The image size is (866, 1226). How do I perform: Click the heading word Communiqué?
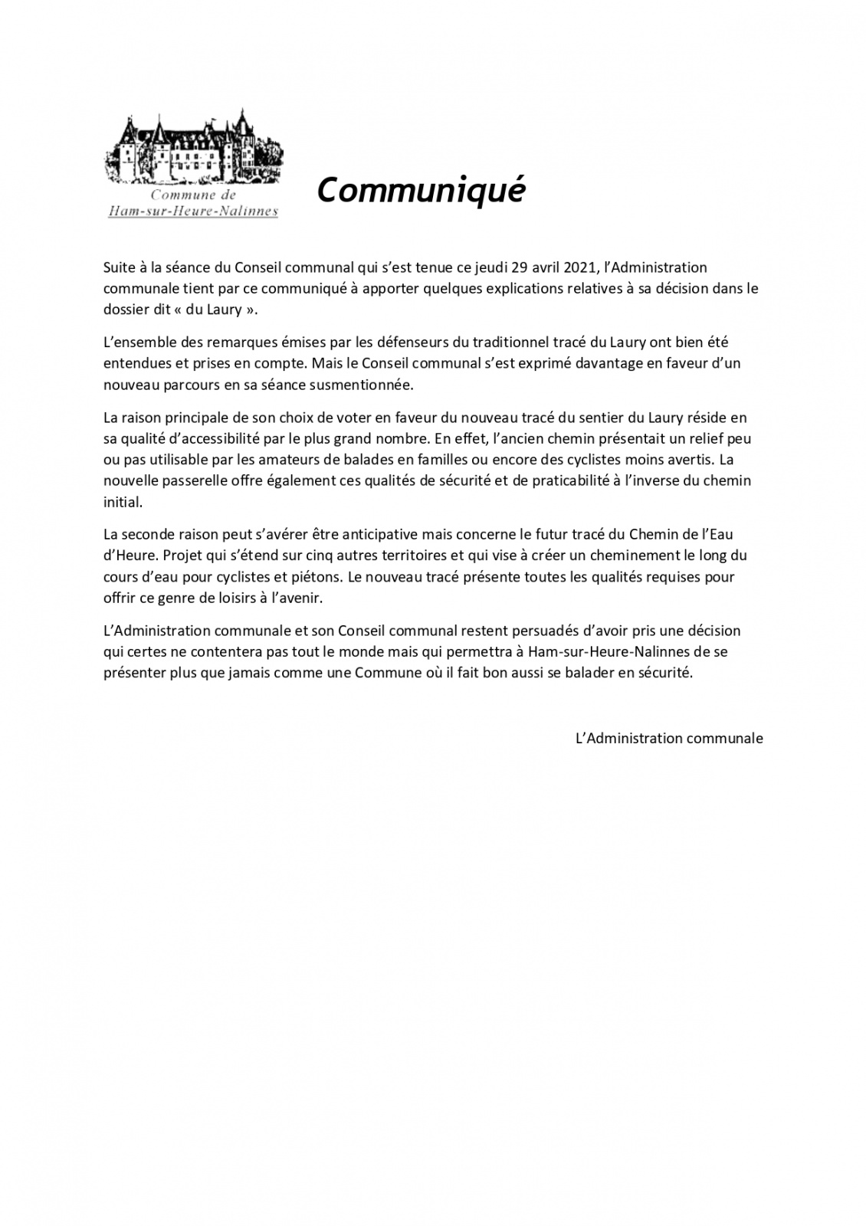point(421,189)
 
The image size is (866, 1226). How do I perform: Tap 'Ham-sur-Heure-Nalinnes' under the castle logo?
point(193,211)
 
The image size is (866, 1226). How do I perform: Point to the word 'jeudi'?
point(484,267)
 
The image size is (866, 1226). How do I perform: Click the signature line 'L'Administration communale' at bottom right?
point(669,739)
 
